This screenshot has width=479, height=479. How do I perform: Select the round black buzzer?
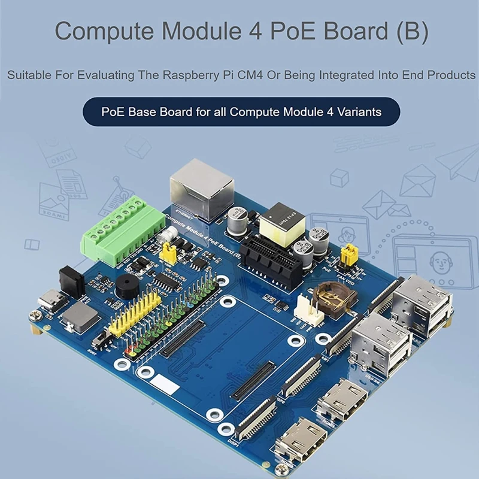pyautogui.click(x=127, y=287)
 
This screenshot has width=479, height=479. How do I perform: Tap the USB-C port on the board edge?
pyautogui.click(x=48, y=302)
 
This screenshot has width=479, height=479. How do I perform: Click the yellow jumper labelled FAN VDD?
pyautogui.click(x=346, y=254)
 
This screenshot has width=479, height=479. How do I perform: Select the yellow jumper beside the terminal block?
pyautogui.click(x=169, y=253)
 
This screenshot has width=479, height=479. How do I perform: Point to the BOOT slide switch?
pyautogui.click(x=102, y=342)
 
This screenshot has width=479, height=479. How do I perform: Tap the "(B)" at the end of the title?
pyautogui.click(x=413, y=31)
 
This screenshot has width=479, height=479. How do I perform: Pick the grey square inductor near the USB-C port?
pyautogui.click(x=78, y=315)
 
